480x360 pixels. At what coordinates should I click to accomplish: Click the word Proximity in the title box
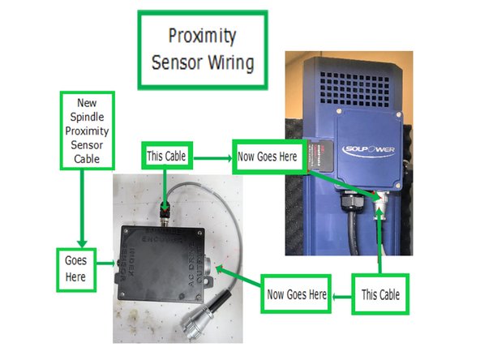coord(201,36)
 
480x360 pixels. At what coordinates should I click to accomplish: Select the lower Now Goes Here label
coord(298,295)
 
